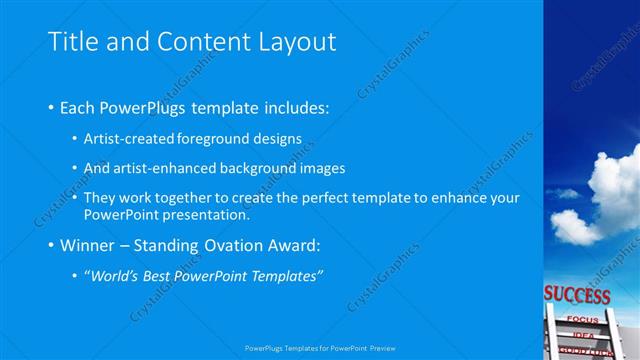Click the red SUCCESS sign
[x=577, y=296]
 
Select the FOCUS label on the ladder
[x=581, y=319]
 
